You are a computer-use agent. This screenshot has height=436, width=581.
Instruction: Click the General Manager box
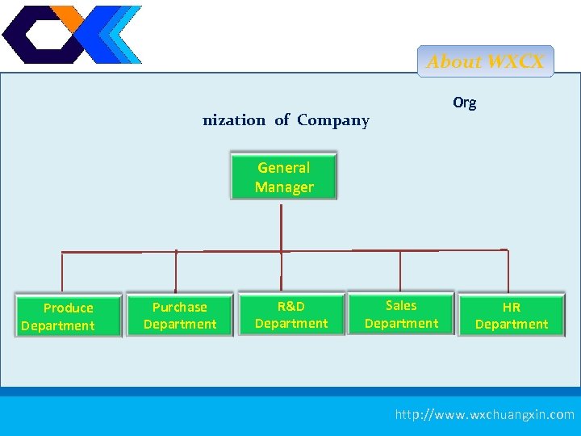pos(283,176)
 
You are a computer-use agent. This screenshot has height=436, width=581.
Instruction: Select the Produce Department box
pos(68,316)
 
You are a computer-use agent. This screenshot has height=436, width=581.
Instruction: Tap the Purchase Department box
pos(179,315)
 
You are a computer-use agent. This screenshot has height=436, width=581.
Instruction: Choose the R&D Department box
pos(291,314)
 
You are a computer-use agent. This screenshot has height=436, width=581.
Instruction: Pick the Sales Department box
pos(401,314)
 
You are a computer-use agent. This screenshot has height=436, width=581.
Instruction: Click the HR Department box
pos(511,315)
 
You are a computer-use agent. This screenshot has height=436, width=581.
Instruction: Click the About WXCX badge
pos(485,61)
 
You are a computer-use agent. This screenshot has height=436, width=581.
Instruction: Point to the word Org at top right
pos(464,103)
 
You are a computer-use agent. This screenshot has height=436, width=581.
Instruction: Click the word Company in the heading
pos(332,120)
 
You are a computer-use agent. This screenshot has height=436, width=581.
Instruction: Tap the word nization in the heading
pos(233,120)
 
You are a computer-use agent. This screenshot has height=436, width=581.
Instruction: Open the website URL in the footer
pos(484,414)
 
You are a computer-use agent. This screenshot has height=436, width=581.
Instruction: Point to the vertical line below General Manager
pos(281,226)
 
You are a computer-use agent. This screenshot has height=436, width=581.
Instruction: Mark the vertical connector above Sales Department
pos(400,270)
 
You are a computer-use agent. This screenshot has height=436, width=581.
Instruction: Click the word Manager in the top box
pos(284,187)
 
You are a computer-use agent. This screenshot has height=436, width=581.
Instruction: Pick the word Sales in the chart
pos(401,305)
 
